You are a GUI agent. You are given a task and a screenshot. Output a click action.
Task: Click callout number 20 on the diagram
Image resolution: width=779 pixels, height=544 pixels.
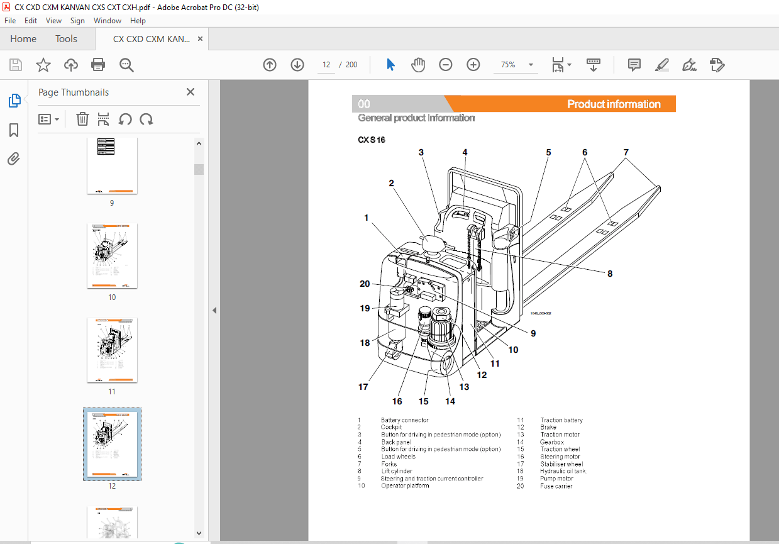[365, 284]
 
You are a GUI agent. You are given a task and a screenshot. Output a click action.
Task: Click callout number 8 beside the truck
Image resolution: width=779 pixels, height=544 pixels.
[609, 274]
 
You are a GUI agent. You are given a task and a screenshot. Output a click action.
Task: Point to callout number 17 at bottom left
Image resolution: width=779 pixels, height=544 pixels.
[363, 387]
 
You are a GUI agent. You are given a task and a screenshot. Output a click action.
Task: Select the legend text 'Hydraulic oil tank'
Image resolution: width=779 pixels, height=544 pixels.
[562, 471]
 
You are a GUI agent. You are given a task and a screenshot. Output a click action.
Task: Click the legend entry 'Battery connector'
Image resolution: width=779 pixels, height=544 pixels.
[404, 420]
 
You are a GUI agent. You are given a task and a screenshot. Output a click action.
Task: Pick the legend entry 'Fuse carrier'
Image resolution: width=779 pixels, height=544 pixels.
[556, 486]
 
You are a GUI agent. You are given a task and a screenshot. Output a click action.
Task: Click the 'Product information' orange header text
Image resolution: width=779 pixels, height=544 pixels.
[613, 104]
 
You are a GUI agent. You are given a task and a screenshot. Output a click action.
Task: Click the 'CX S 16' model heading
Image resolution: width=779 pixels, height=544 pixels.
[372, 140]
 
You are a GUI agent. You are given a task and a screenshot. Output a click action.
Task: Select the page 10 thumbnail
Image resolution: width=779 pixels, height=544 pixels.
[112, 255]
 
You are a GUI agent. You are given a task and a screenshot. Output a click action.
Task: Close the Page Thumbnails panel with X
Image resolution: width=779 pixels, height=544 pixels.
[191, 92]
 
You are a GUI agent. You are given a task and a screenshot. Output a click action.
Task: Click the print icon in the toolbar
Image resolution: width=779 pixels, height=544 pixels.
[98, 65]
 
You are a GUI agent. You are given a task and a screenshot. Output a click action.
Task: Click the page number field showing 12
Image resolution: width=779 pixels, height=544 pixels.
[326, 65]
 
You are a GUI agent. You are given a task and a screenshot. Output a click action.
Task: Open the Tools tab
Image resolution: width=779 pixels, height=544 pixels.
[66, 39]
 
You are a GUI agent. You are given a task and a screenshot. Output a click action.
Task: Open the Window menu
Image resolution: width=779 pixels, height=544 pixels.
[108, 21]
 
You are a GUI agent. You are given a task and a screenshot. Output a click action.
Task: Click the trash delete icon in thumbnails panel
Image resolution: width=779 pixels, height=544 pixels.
[82, 119]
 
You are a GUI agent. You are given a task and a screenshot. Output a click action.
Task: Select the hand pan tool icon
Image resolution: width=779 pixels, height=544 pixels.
[418, 65]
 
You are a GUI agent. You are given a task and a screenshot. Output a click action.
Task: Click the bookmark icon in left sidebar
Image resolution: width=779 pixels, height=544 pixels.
[14, 130]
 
